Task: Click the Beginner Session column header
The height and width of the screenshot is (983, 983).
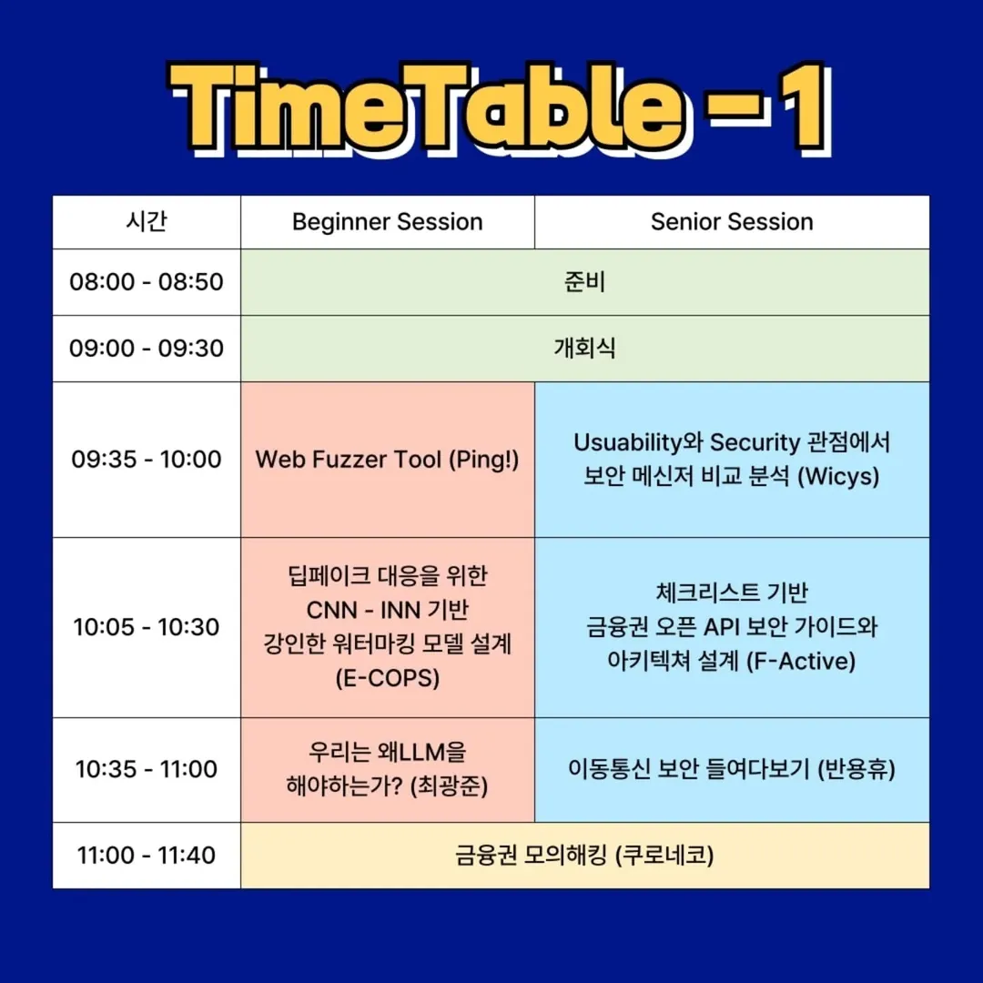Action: click(388, 222)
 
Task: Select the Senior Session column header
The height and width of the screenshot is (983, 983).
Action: click(732, 222)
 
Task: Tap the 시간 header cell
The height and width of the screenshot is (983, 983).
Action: click(147, 221)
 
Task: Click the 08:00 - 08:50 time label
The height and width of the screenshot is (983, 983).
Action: click(146, 282)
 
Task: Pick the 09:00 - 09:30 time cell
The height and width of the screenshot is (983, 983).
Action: click(146, 349)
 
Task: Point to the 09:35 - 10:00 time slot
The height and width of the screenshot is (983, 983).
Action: click(146, 460)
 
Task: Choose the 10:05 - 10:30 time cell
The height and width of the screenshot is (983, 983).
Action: click(146, 627)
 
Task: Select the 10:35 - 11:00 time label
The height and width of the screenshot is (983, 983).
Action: click(146, 769)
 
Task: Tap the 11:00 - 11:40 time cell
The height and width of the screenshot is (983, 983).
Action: click(146, 855)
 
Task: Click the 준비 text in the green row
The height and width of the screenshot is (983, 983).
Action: click(584, 282)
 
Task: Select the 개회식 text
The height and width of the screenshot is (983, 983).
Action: click(584, 349)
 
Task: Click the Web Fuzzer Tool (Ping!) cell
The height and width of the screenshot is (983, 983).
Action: click(388, 460)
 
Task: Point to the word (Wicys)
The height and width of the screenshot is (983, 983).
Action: click(838, 476)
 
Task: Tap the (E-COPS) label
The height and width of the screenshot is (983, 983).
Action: click(388, 678)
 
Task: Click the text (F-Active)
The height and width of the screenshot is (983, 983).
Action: click(802, 662)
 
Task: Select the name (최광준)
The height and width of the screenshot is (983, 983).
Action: click(449, 786)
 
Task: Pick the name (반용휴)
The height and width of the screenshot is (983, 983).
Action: click(856, 769)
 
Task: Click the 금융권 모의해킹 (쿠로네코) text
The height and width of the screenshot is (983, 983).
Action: click(584, 855)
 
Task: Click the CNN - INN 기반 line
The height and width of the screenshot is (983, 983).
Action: click(388, 610)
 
